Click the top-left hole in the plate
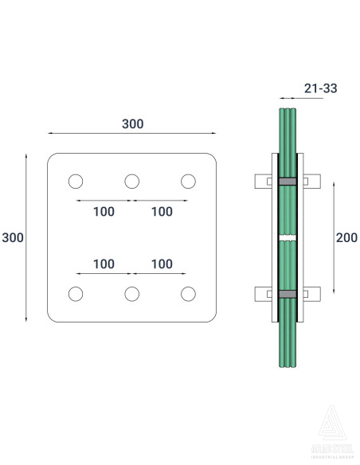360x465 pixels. pos(76,182)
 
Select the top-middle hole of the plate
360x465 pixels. pos(132,182)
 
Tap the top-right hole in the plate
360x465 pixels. pos(189,182)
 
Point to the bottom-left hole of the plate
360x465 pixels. pos(76,294)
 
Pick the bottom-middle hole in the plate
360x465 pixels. pos(132,294)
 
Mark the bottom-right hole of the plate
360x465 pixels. pos(189,294)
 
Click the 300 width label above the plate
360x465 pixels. pos(132,124)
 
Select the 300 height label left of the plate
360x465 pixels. pos(13,238)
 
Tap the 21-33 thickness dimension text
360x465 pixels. pos(319,88)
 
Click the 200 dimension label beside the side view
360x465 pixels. pos(346,237)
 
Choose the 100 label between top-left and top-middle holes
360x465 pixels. pos(104,212)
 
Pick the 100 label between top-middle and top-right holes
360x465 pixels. pos(162,212)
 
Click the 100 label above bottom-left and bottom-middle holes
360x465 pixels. pos(104,264)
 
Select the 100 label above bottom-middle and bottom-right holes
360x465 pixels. pos(162,264)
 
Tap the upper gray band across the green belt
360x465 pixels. pos(287,182)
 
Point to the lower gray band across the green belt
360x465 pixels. pos(287,294)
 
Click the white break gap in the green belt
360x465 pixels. pos(287,237)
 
